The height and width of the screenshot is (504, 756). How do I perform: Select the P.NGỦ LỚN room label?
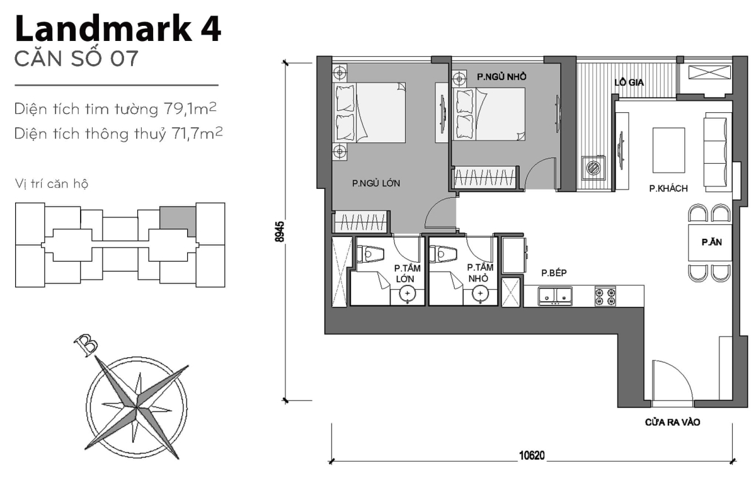pyautogui.click(x=376, y=184)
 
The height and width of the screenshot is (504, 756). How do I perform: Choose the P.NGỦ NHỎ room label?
pyautogui.click(x=501, y=76)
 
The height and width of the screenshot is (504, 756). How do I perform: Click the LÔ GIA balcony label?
pyautogui.click(x=629, y=82)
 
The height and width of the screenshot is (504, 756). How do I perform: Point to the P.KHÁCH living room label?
pyautogui.click(x=668, y=188)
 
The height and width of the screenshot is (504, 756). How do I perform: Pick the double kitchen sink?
pyautogui.click(x=555, y=296)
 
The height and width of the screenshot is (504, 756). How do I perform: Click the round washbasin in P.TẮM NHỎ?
pyautogui.click(x=481, y=293)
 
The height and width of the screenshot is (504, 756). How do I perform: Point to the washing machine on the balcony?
pyautogui.click(x=594, y=168)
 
